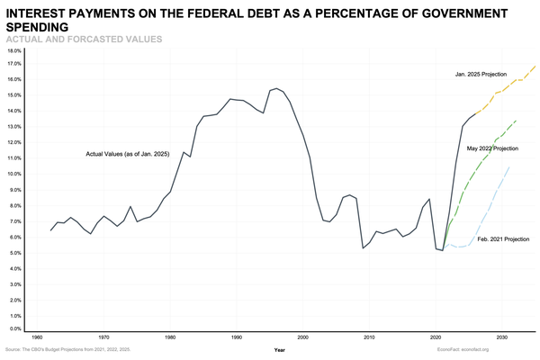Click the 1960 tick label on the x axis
click(37, 337)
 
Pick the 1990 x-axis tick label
click(236, 337)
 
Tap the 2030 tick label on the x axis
click(501, 337)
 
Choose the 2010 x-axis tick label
click(369, 337)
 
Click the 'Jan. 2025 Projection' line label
click(481, 74)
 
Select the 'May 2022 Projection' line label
click(492, 148)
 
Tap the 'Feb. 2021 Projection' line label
click(503, 238)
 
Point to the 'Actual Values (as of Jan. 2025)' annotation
click(127, 155)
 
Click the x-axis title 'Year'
click(280, 348)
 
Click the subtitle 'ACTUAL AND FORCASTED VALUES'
click(84, 40)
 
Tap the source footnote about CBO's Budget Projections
click(67, 348)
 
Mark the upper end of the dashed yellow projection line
click(535, 65)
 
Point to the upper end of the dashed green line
click(516, 121)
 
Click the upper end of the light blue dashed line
click(509, 167)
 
